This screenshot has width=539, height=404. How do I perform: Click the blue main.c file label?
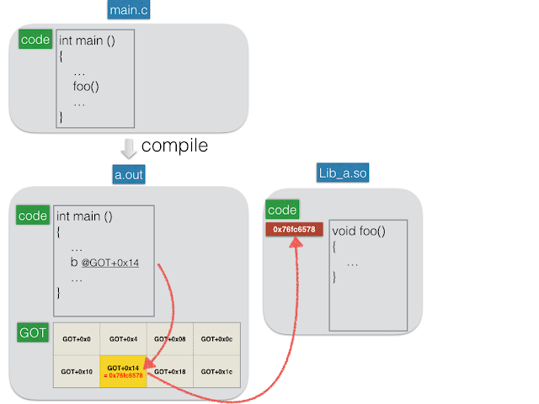click(129, 9)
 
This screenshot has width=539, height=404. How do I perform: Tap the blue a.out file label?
click(129, 174)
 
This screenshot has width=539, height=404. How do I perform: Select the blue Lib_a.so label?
click(343, 173)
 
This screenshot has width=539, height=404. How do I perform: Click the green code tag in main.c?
click(35, 40)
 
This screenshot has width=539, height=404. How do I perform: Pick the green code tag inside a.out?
click(33, 215)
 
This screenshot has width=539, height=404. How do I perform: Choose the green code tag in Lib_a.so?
click(282, 210)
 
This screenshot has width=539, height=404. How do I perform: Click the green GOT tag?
click(33, 332)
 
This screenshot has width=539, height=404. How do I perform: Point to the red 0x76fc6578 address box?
click(294, 229)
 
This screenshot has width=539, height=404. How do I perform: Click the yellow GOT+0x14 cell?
click(123, 371)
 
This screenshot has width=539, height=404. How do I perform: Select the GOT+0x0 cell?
click(77, 339)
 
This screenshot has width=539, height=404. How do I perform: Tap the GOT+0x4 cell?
click(124, 339)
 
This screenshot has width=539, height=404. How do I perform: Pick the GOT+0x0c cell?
click(217, 339)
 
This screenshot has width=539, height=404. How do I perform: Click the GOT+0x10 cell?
click(77, 371)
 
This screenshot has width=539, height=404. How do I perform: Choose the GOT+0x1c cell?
click(217, 371)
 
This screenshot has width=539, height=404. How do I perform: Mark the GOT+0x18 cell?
click(170, 371)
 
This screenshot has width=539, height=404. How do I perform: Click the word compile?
click(174, 146)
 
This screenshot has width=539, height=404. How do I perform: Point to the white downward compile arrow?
click(129, 148)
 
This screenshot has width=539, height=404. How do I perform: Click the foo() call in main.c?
click(86, 86)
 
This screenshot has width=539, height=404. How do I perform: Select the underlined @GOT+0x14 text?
click(110, 263)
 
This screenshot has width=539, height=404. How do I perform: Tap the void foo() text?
click(359, 231)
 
